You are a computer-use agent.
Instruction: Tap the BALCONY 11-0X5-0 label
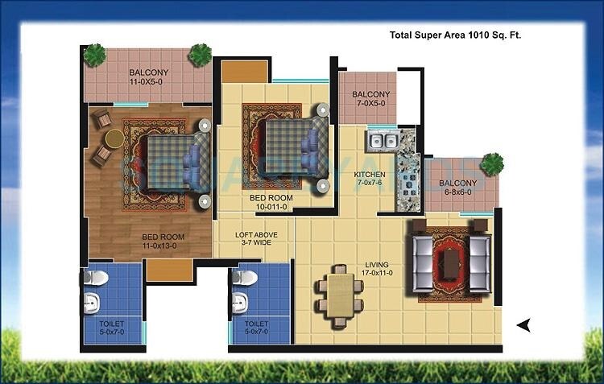tap(150, 76)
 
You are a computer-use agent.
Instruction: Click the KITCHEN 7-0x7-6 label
tap(370, 179)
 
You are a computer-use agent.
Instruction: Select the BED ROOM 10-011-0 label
tap(271, 203)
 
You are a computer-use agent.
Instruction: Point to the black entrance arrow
tap(523, 324)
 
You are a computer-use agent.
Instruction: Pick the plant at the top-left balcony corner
tap(95, 56)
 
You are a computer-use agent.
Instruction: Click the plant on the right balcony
tap(491, 164)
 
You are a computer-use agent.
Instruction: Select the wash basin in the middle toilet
tap(238, 304)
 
